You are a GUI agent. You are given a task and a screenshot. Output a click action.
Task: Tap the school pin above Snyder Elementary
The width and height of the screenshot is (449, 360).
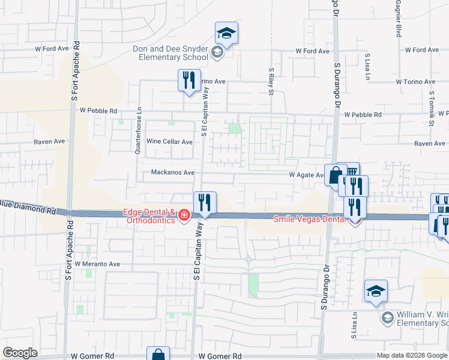click(x=226, y=33)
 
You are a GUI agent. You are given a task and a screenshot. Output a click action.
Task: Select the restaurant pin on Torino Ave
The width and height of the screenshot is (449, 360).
click(x=188, y=80)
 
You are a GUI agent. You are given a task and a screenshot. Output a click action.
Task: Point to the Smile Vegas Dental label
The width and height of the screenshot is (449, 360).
click(x=310, y=219)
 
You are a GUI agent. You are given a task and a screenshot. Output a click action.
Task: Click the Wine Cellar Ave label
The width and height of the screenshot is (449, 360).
click(x=169, y=142)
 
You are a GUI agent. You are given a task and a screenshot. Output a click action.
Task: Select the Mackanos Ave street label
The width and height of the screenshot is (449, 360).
click(x=172, y=173)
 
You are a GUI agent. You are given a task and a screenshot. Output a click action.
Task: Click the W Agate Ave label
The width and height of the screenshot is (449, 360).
click(x=307, y=175)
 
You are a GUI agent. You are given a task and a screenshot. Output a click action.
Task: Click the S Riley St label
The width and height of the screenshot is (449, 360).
click(x=271, y=83)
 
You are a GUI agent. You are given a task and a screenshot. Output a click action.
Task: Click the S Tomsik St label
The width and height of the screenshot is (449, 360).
click(x=431, y=109)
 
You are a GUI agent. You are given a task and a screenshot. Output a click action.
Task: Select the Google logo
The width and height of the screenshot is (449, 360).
click(x=20, y=352)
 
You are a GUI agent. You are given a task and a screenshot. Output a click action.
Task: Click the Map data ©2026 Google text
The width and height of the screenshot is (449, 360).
click(x=411, y=355)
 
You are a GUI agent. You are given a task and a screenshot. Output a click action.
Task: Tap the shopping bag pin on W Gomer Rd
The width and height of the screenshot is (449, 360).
click(x=158, y=355)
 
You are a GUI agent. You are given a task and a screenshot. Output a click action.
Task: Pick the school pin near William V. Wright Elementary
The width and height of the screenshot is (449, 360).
click(x=376, y=292)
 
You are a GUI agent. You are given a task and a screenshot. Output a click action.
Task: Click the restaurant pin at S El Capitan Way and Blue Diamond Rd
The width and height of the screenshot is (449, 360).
click(x=205, y=203)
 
